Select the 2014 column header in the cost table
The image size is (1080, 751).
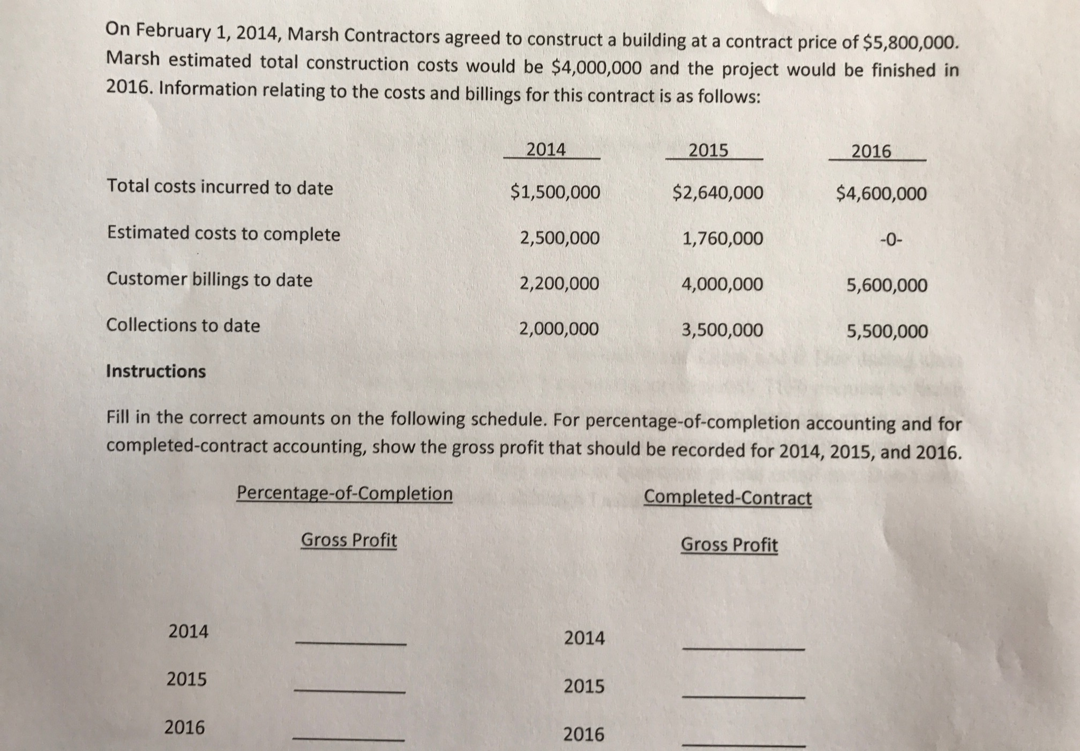tap(546, 150)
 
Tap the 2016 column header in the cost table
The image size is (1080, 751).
tap(871, 152)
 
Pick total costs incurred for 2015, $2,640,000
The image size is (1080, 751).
tap(717, 193)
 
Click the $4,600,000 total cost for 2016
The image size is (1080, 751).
tap(881, 194)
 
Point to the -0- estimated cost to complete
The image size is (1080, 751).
tap(891, 240)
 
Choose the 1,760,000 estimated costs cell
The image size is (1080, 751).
tap(722, 239)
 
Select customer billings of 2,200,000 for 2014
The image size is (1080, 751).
tap(559, 284)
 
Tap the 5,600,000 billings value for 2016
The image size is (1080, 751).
tap(887, 286)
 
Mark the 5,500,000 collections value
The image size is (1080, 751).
tap(887, 332)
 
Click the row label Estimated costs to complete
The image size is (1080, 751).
tap(223, 233)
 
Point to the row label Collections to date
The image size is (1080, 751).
tap(183, 325)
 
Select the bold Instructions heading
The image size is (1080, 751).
tap(156, 371)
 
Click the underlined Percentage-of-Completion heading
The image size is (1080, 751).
tap(344, 493)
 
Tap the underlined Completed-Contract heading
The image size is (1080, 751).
tap(727, 497)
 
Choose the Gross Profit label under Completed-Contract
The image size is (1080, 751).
tap(729, 545)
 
